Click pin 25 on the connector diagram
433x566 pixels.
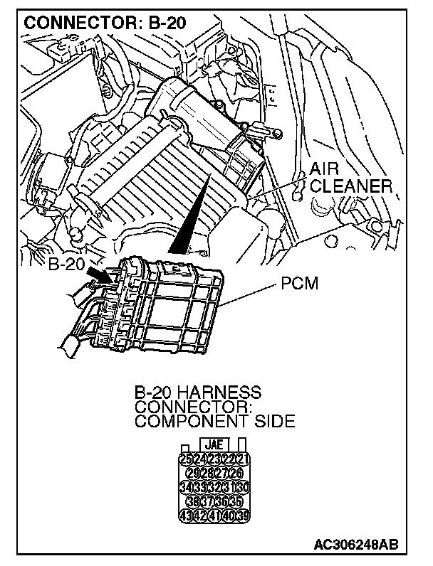point(186,458)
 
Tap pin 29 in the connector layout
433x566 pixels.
point(192,473)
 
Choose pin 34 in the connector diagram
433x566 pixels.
point(186,487)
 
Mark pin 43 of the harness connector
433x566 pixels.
point(186,516)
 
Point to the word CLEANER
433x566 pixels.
point(351,186)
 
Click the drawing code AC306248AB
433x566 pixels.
point(355,545)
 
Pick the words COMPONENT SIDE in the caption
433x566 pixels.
point(214,421)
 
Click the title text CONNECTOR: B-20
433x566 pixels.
point(105,22)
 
